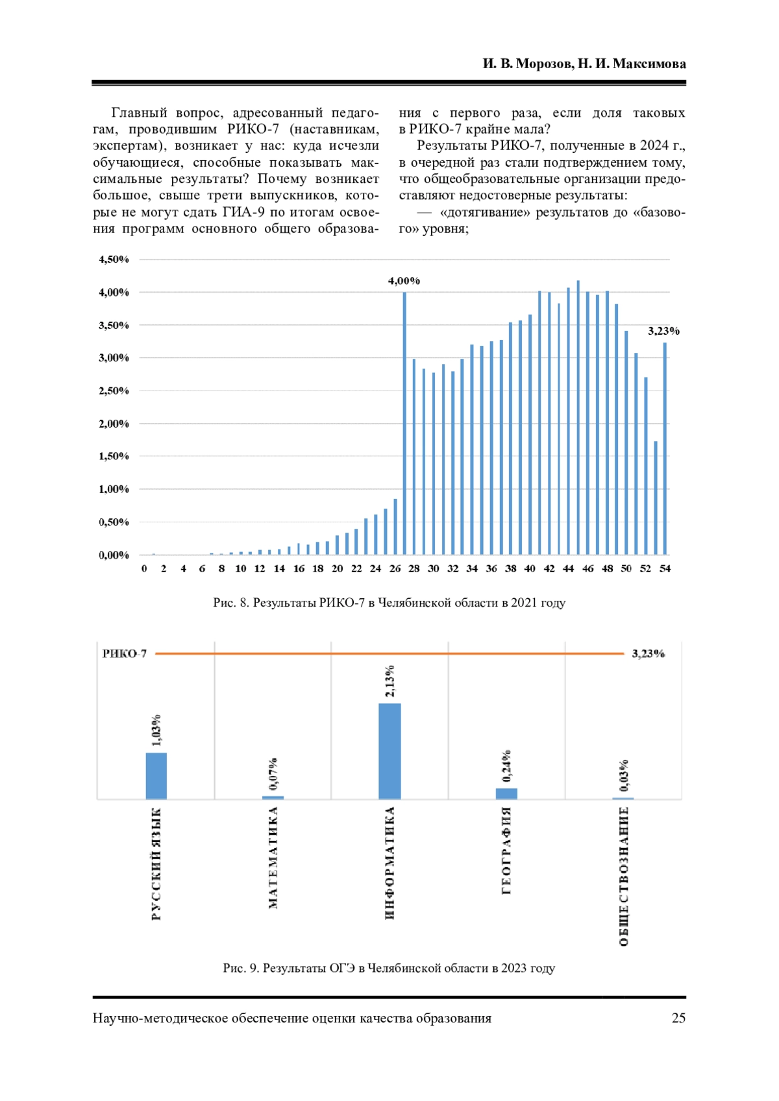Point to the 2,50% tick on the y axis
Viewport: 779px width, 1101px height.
coord(114,391)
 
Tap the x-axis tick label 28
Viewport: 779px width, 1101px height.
coord(414,569)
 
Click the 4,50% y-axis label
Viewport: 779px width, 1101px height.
coord(114,260)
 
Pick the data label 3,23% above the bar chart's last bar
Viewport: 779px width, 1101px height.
coord(663,331)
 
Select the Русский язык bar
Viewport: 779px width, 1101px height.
coord(156,776)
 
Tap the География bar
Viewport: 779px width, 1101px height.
coord(506,793)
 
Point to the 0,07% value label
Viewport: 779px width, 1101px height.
coord(273,773)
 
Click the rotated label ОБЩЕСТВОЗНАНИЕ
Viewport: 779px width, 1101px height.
coord(624,876)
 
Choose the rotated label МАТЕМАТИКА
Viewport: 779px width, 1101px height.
coord(273,857)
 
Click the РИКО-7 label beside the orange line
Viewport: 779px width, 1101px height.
coord(125,653)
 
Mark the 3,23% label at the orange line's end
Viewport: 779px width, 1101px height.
coord(648,653)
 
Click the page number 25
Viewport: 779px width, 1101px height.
coord(678,1018)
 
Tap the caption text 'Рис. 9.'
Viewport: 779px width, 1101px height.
coord(241,968)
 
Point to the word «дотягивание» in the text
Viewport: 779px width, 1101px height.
coord(485,212)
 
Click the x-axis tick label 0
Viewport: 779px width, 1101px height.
coord(144,569)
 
